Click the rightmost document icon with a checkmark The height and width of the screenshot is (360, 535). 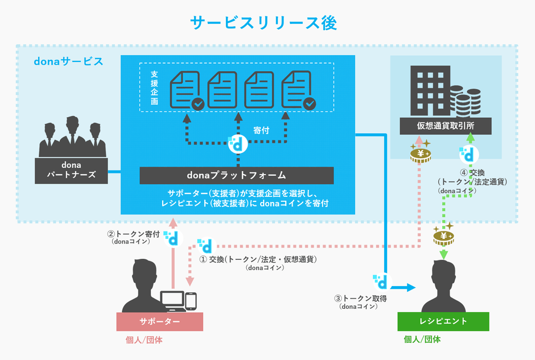click(298, 89)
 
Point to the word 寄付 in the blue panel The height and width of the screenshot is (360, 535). click(261, 130)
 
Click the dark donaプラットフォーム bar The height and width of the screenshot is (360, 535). click(236, 175)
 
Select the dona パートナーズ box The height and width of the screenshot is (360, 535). click(72, 171)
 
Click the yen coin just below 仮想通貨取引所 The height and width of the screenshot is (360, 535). click(421, 155)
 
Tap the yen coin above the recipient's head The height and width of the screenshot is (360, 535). click(443, 235)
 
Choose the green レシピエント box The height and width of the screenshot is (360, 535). click(443, 321)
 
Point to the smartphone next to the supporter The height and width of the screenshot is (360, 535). click(191, 300)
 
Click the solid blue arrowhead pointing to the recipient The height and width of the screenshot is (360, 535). click(411, 288)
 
